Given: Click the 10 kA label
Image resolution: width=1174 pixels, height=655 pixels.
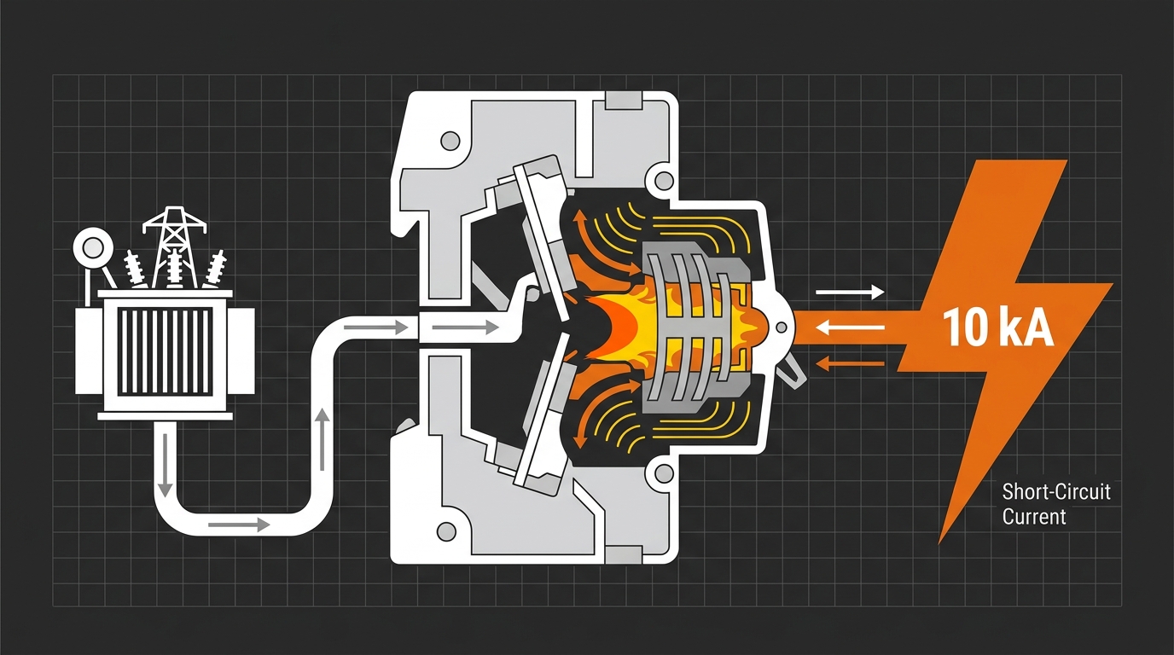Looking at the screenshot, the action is pos(998,329).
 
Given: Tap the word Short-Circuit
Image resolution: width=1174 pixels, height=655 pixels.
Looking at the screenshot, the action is pos(1056,492).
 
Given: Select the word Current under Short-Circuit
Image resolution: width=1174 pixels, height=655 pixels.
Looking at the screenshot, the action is pos(1034,516).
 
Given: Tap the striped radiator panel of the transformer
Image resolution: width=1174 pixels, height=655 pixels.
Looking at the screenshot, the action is pos(165,351).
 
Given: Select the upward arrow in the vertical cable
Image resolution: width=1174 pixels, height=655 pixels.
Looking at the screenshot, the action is pos(323,440).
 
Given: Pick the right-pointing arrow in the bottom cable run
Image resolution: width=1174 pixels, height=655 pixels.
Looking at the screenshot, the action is pos(239,525).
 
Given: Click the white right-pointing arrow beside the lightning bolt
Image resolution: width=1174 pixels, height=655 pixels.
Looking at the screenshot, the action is pos(850,293).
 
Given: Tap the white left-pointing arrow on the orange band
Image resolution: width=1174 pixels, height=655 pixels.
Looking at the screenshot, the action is pos(850,328).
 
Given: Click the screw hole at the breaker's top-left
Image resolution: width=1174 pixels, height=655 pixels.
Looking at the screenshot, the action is pos(450,141).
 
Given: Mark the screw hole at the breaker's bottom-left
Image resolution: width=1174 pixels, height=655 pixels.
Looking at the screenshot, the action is pos(446,531).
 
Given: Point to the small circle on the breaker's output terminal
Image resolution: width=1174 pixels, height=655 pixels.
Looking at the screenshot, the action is pos(781,328).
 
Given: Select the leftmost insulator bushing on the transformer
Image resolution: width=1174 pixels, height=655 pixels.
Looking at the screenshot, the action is pos(135,268).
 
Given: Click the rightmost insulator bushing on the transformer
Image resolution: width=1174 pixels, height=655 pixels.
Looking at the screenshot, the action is pos(215,268).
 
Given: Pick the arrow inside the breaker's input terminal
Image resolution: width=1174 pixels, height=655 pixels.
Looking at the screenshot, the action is pos(465,328).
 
